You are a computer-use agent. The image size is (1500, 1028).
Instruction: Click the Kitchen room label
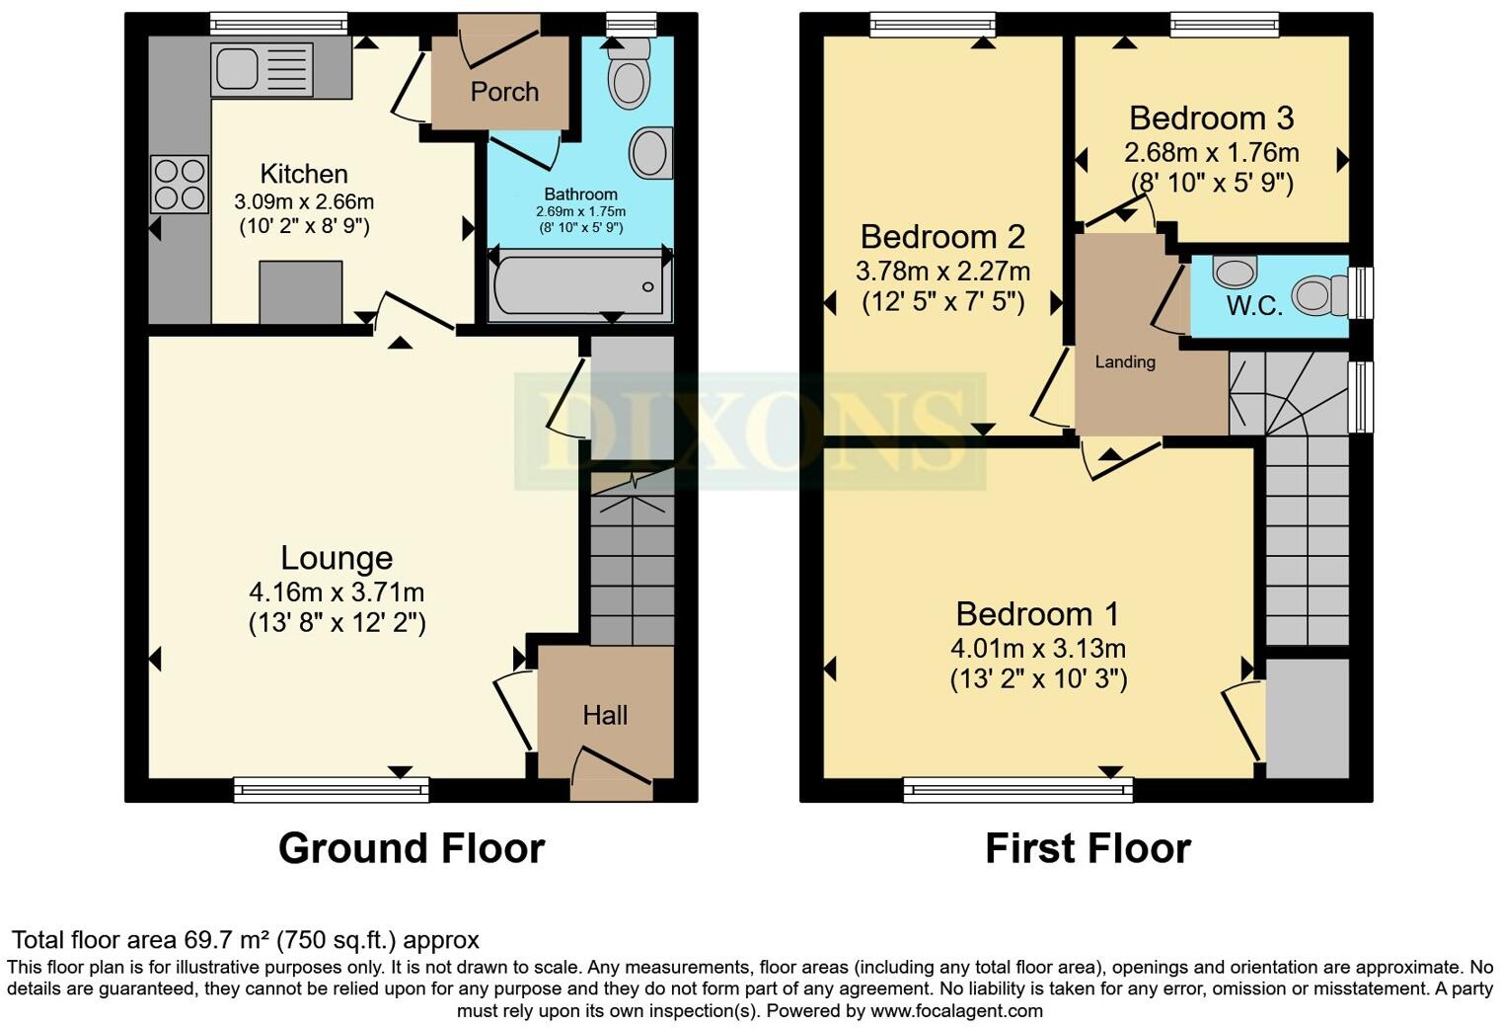303,174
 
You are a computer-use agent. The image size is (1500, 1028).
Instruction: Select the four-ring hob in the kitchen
179,184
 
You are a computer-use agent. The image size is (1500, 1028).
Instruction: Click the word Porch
504,92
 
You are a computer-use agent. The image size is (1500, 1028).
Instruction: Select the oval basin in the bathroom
649,153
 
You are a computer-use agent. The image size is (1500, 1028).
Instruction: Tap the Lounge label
337,558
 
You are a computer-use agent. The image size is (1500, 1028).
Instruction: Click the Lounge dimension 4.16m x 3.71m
337,593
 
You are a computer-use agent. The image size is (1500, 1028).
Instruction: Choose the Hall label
605,715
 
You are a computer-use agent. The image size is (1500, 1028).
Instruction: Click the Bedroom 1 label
1037,614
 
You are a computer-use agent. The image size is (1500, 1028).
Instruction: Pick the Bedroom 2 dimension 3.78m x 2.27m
944,271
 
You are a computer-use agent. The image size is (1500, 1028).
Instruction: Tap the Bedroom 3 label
1211,119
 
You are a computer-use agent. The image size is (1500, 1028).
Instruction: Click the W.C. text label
1254,306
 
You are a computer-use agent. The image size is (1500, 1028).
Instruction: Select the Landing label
1125,362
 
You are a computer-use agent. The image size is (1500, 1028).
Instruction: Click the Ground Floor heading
411,848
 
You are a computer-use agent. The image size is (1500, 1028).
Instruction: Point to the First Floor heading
1087,848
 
